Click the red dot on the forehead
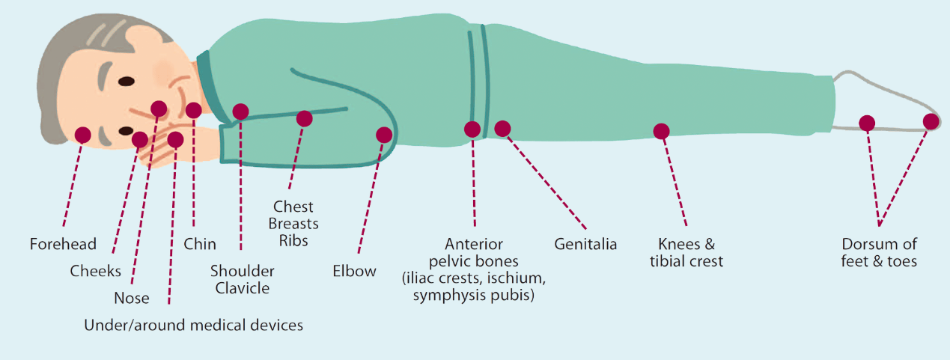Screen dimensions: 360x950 pyautogui.click(x=83, y=135)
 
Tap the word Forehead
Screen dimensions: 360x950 pyautogui.click(x=64, y=244)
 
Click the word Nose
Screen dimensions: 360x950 pyautogui.click(x=132, y=298)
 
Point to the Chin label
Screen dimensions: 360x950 pyautogui.click(x=200, y=244)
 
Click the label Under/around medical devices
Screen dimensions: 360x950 pyautogui.click(x=194, y=325)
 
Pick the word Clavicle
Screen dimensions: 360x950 pyautogui.click(x=243, y=288)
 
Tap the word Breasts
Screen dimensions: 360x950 pyautogui.click(x=293, y=224)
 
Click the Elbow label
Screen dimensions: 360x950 pyautogui.click(x=354, y=270)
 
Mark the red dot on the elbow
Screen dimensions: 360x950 pyautogui.click(x=384, y=135)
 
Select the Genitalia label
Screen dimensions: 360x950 pyautogui.click(x=585, y=244)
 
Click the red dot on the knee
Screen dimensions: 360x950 pyautogui.click(x=661, y=131)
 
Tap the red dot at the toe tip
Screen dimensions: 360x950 pyautogui.click(x=931, y=121)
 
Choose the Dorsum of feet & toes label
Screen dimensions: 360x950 pyautogui.click(x=879, y=252)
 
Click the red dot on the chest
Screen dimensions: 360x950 pyautogui.click(x=305, y=118)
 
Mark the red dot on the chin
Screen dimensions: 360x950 pyautogui.click(x=194, y=111)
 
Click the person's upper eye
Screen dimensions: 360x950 pyautogui.click(x=127, y=81)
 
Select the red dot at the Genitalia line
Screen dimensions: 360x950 pyautogui.click(x=502, y=129)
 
